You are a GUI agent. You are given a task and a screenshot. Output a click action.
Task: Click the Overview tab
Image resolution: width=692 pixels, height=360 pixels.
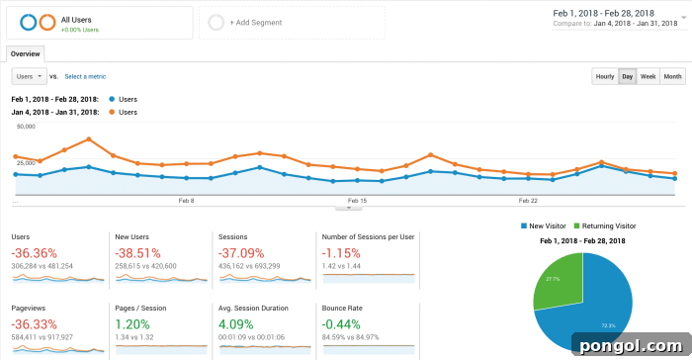pos(25,54)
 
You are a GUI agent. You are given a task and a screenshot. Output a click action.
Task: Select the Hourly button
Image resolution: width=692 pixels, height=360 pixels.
pos(604,76)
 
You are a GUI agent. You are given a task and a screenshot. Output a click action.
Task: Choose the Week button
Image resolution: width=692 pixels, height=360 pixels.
pos(648,76)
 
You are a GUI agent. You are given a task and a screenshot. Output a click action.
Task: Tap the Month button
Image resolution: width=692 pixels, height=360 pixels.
pos(672,76)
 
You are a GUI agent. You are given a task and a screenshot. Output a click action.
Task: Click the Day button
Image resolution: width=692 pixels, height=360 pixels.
pos(627,76)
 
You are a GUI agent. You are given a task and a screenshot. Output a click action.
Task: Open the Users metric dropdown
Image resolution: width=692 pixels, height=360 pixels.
pos(28,76)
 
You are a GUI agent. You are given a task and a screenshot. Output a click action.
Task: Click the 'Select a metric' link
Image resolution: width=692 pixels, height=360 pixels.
pos(85,76)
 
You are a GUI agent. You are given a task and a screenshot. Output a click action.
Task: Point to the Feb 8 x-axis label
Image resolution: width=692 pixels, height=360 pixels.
pos(186,200)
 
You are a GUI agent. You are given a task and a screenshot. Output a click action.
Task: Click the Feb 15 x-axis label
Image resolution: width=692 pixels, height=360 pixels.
pos(357,200)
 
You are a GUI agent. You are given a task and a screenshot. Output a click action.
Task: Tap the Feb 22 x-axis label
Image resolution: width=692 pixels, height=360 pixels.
pos(528,200)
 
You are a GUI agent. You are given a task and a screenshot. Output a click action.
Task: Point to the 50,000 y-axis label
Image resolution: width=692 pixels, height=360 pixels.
pos(26,127)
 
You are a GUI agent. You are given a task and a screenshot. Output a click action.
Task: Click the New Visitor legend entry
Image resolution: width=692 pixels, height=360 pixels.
pos(547,225)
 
